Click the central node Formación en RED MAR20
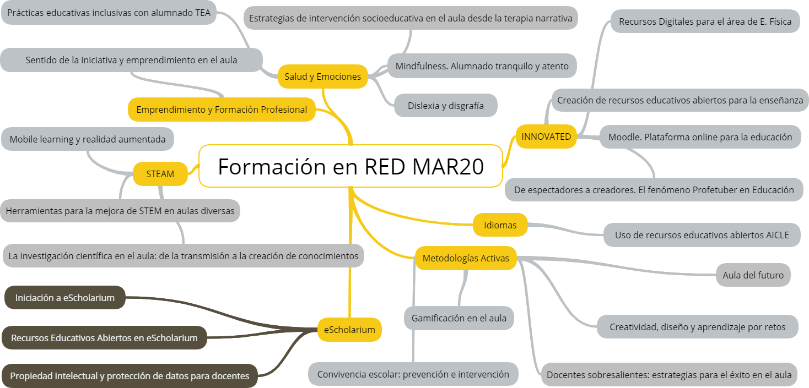[x=350, y=166]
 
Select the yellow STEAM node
[x=160, y=174]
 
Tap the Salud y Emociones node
[x=322, y=76]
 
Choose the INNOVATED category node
[x=546, y=136]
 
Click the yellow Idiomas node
[x=500, y=225]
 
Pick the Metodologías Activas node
[x=466, y=258]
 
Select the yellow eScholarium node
[x=349, y=330]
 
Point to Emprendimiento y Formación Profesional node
[x=222, y=110]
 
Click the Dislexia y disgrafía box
[x=445, y=105]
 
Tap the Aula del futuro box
[x=753, y=275]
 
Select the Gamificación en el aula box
[x=459, y=318]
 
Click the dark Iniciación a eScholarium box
[x=65, y=298]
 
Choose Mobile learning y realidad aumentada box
[x=88, y=139]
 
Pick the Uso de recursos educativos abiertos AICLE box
[x=702, y=235]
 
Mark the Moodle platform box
[x=700, y=136]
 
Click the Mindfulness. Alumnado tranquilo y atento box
[x=482, y=66]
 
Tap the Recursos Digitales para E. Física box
[x=705, y=21]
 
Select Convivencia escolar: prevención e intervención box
[x=413, y=374]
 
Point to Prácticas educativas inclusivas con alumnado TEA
[x=110, y=13]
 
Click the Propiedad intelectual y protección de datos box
[x=130, y=376]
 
